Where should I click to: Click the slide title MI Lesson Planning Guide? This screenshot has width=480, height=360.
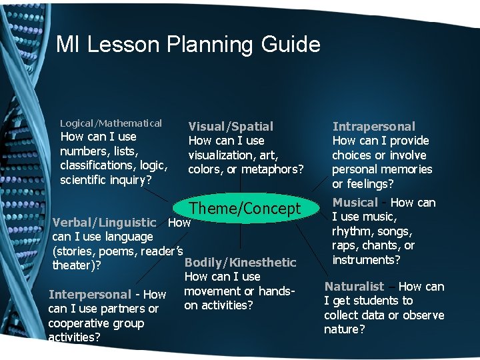pos(188,45)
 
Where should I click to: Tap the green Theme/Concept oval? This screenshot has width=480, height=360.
pos(245,209)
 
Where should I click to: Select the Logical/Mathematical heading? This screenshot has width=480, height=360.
pos(111,123)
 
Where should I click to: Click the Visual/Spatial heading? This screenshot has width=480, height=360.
pos(231,126)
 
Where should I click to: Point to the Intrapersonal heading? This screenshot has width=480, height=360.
pos(373,126)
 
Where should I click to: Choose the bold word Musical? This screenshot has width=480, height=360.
pos(355,202)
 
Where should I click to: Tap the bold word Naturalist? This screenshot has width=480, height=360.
pos(354,286)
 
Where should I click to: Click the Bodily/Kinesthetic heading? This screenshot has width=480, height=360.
pos(240,263)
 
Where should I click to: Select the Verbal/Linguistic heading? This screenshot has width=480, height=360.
pos(104,222)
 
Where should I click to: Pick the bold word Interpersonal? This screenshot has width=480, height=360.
pos(89,294)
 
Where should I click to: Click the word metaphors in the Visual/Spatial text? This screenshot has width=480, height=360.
pos(271,169)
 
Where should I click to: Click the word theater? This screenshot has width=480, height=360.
pos(73,265)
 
